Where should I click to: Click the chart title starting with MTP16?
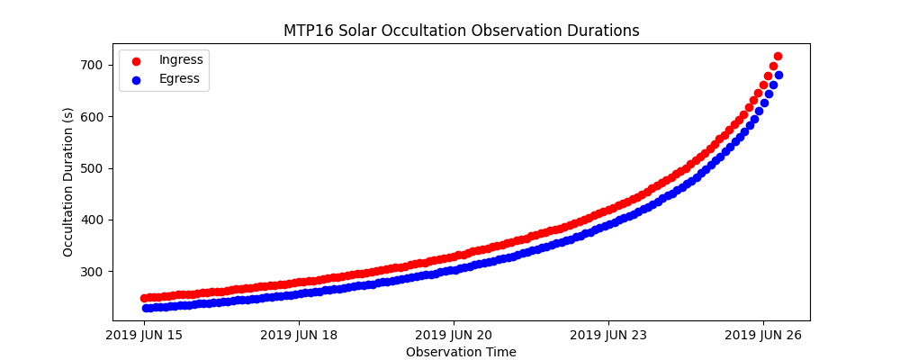pyautogui.click(x=461, y=31)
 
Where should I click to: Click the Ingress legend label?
pyautogui.click(x=181, y=59)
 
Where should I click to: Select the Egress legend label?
pyautogui.click(x=179, y=78)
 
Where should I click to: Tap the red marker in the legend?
pyautogui.click(x=136, y=60)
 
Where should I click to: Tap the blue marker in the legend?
pyautogui.click(x=136, y=79)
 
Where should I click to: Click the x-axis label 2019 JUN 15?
pyautogui.click(x=143, y=336)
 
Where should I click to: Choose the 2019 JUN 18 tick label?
pyautogui.click(x=299, y=336)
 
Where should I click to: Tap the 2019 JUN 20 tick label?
pyautogui.click(x=454, y=336)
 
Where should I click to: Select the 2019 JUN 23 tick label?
pyautogui.click(x=608, y=336)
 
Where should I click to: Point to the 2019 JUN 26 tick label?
pyautogui.click(x=764, y=336)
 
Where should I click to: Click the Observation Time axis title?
pyautogui.click(x=461, y=352)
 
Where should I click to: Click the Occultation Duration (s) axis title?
pyautogui.click(x=68, y=182)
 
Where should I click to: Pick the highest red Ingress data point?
pyautogui.click(x=778, y=56)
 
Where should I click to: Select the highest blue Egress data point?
pyautogui.click(x=778, y=75)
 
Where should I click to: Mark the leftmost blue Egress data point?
pyautogui.click(x=144, y=308)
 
